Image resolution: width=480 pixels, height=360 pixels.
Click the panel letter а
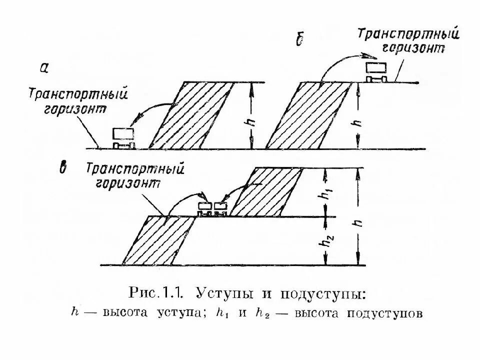click(x=44, y=69)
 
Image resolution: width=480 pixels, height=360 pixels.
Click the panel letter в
click(x=63, y=168)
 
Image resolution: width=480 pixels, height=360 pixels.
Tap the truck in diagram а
click(x=123, y=137)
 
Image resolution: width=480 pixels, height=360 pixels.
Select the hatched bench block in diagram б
click(x=307, y=115)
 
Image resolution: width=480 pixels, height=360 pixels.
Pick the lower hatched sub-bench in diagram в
click(x=157, y=241)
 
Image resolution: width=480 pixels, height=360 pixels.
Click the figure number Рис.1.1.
click(x=157, y=291)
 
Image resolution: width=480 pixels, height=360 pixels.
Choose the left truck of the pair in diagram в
click(x=205, y=207)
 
